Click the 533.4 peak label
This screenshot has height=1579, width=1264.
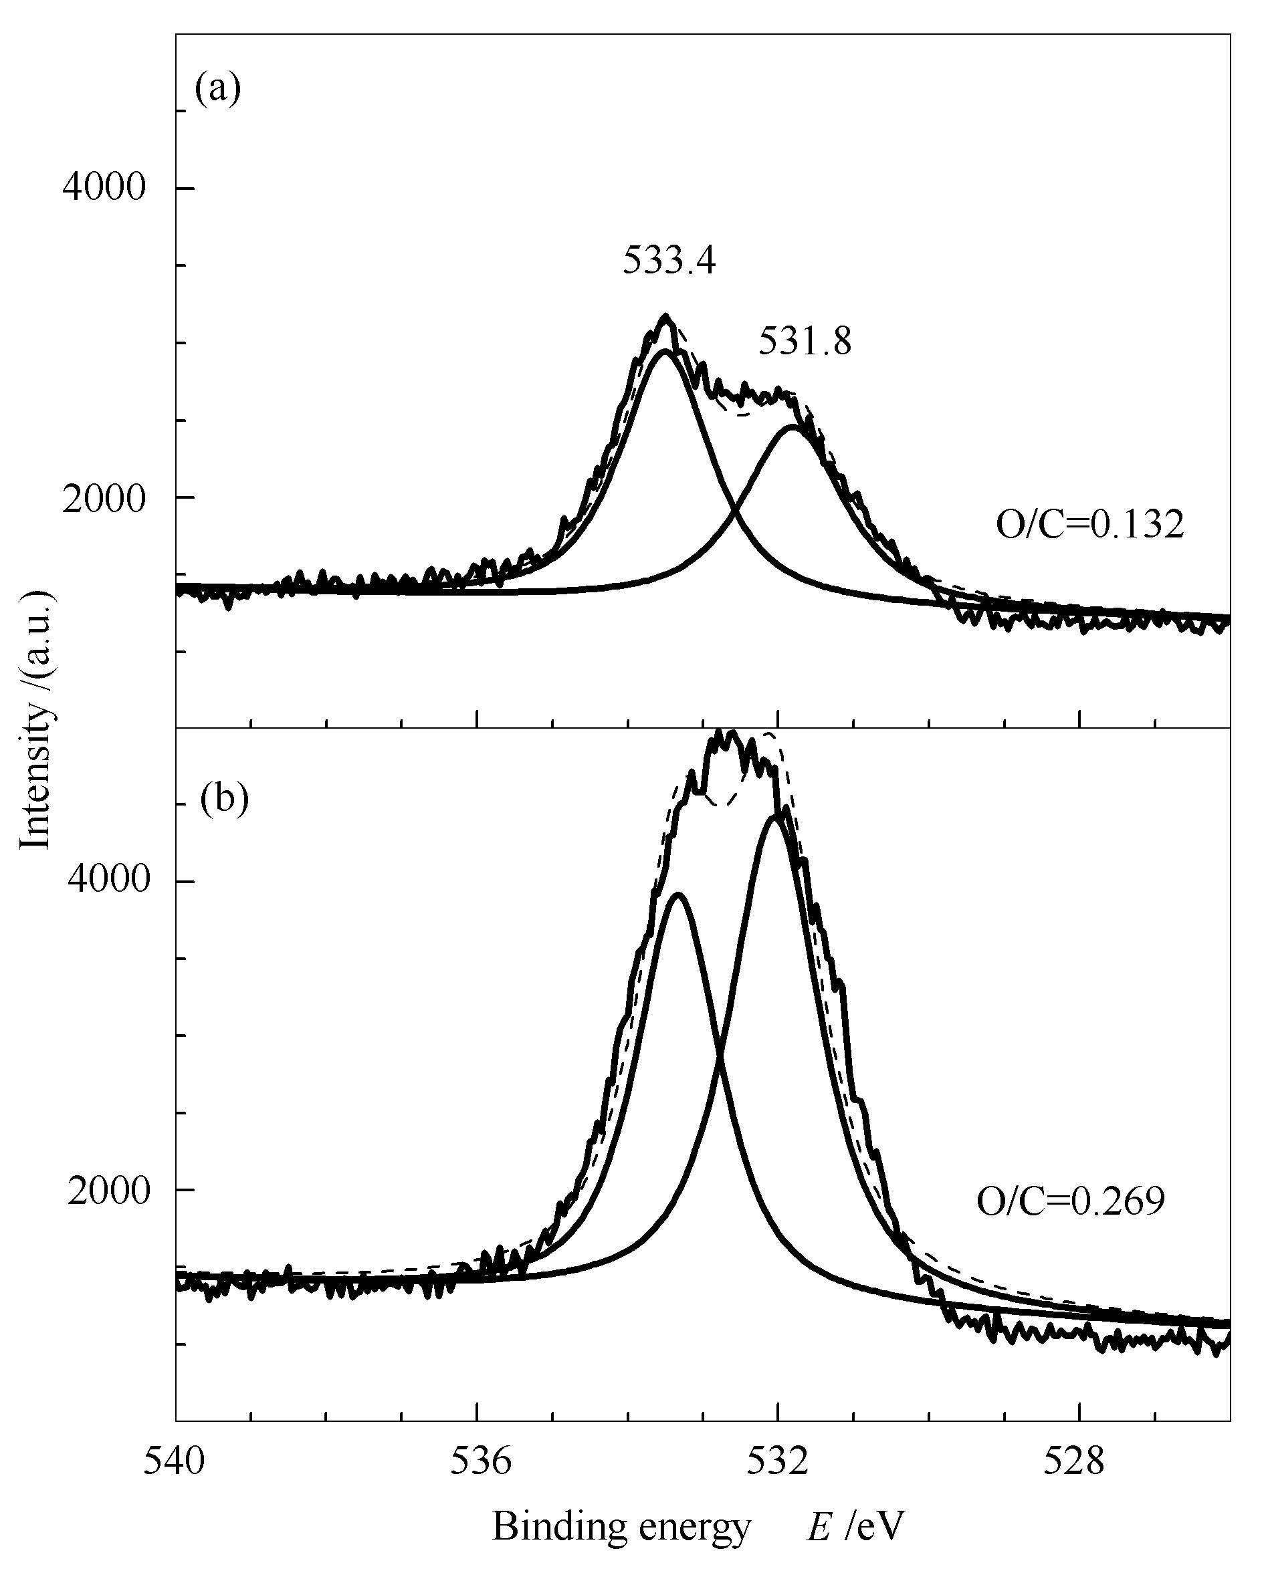(669, 260)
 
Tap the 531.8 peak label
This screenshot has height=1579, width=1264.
(805, 342)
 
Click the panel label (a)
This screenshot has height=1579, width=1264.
(217, 90)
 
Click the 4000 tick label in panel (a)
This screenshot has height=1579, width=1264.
(104, 189)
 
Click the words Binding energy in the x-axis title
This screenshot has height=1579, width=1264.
(622, 1526)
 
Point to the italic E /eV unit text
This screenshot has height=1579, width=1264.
(856, 1526)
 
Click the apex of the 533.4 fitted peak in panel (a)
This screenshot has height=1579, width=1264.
(666, 351)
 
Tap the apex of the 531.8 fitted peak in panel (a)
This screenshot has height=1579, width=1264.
(792, 427)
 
